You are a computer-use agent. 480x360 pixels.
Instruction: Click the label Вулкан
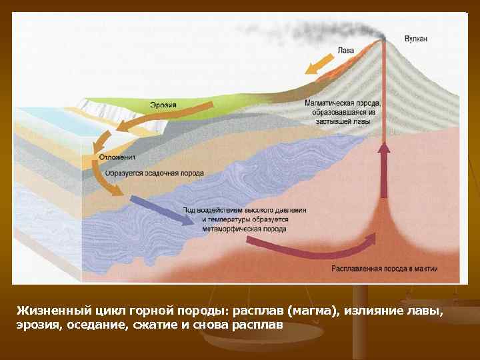point(416,39)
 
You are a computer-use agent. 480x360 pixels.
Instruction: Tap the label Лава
point(346,50)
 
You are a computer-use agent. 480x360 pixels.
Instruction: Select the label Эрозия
point(163,105)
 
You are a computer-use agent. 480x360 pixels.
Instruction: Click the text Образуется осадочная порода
point(153,173)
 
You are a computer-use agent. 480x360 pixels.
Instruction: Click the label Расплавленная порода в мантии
point(384,269)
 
